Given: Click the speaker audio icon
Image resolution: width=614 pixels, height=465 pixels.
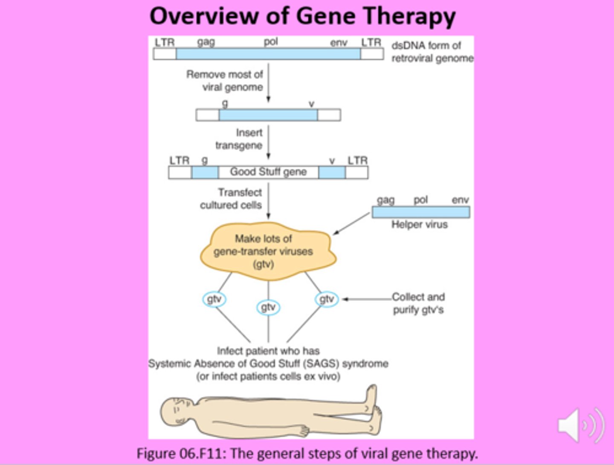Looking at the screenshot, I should (581, 425).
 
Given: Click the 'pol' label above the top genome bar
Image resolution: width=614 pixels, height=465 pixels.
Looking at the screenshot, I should (270, 42).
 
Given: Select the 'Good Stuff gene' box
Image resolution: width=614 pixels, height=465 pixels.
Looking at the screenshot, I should (268, 172).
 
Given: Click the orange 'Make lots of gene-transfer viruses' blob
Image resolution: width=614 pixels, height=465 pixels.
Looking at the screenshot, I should (268, 251).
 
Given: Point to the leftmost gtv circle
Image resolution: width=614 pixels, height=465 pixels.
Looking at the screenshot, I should (214, 299).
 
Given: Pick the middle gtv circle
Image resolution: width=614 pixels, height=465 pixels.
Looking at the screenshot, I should (268, 307).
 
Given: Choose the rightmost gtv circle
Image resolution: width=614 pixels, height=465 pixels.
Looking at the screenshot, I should (327, 299).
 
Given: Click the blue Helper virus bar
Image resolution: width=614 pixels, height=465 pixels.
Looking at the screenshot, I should (421, 212).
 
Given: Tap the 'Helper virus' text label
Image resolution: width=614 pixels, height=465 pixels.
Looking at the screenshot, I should (420, 225).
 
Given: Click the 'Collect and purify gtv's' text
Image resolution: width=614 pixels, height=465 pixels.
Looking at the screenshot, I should (418, 303).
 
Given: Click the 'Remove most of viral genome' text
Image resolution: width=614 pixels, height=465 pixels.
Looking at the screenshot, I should (225, 81).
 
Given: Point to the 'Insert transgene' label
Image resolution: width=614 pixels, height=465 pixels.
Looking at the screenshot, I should (239, 139).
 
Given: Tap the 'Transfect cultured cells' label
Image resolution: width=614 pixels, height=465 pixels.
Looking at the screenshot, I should (232, 199).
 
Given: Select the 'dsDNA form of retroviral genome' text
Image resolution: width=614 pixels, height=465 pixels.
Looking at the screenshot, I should (432, 52).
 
